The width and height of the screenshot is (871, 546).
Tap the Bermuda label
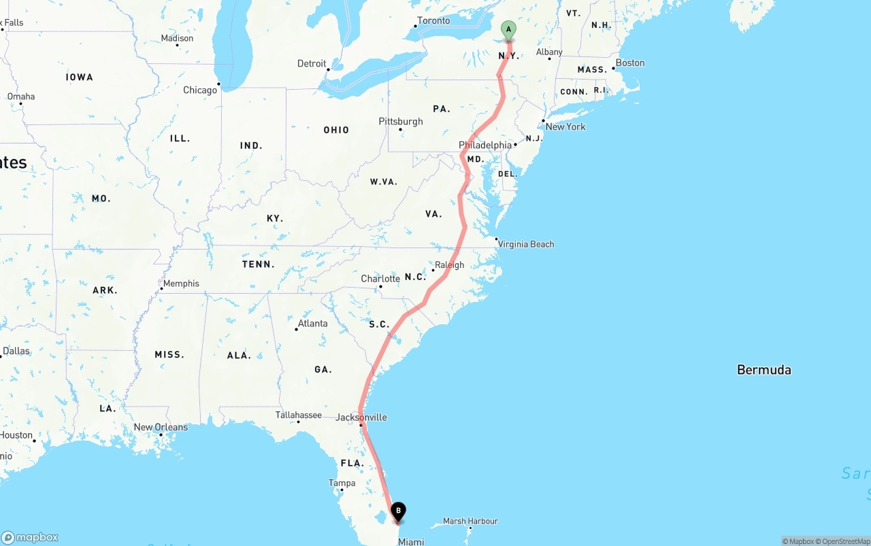(x=763, y=370)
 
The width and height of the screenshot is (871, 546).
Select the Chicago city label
(x=200, y=90)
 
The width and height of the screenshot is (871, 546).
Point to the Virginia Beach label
(x=526, y=244)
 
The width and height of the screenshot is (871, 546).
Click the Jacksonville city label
(x=361, y=417)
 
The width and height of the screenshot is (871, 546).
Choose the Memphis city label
(x=181, y=284)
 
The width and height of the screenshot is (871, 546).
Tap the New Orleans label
(x=161, y=427)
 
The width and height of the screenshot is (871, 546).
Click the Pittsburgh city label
(x=401, y=122)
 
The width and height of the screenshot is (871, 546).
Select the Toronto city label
(x=433, y=20)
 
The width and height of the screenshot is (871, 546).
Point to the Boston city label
(x=630, y=63)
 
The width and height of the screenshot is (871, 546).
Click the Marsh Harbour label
(x=470, y=521)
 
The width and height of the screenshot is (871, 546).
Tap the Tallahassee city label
(x=299, y=415)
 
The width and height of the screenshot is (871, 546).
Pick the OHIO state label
(x=336, y=130)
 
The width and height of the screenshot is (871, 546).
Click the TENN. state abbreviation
(x=259, y=264)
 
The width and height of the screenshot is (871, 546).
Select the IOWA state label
(x=80, y=77)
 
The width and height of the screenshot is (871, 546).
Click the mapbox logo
(x=30, y=537)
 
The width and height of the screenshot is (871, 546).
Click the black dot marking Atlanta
(x=296, y=330)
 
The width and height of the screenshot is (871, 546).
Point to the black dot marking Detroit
(x=328, y=69)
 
